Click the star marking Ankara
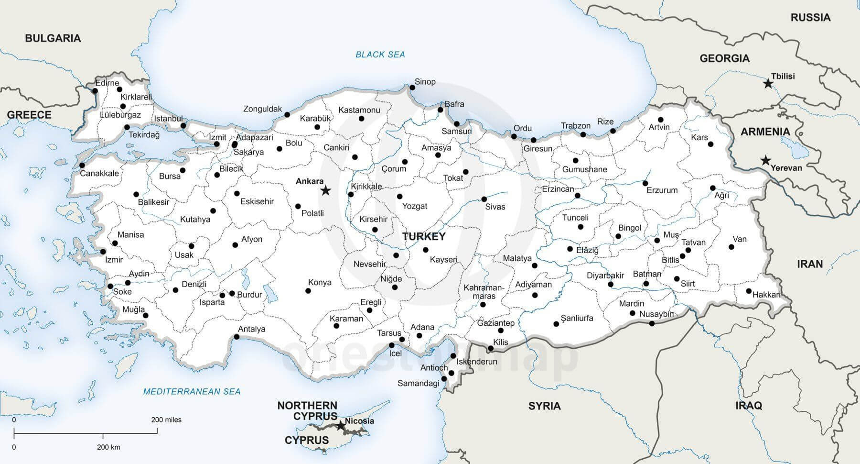325,191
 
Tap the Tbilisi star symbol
768,84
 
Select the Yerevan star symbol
766,160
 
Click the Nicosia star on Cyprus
340,425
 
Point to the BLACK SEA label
380,55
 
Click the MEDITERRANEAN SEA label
192,391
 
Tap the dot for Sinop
412,88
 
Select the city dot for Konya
308,291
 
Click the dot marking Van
731,247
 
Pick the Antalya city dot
236,337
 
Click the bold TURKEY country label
424,236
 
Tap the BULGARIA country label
53,38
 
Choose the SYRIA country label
544,406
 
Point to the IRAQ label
749,406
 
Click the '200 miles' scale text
166,420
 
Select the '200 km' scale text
108,447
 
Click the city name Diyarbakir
605,276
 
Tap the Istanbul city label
168,119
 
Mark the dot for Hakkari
749,291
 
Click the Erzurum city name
662,190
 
